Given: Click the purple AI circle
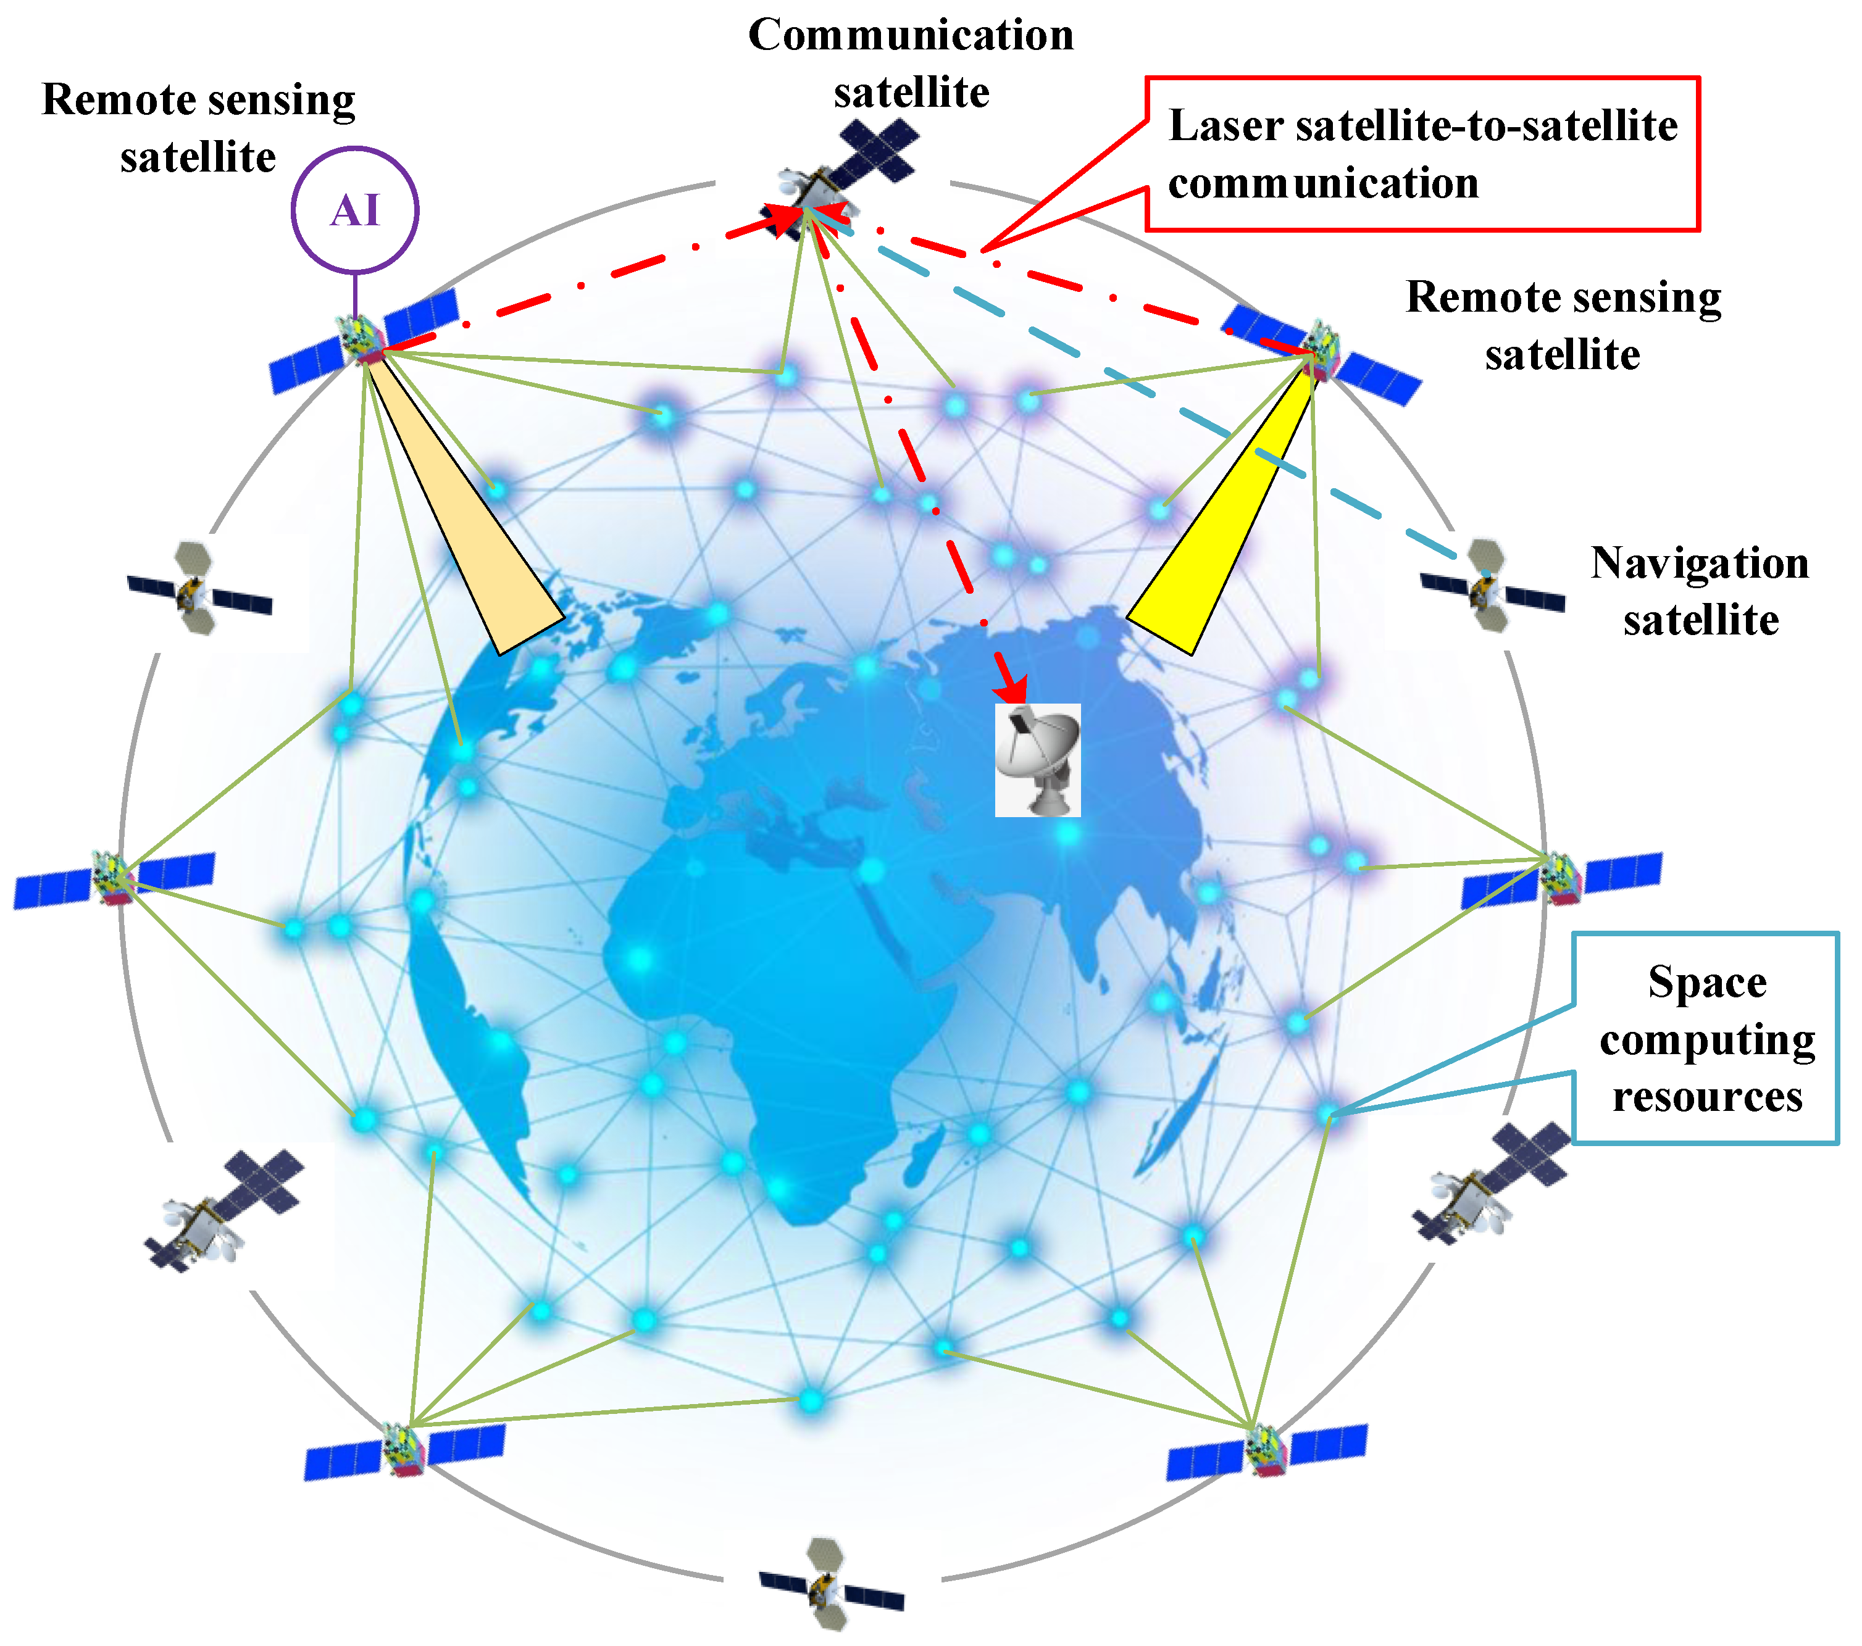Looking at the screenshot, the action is (x=354, y=209).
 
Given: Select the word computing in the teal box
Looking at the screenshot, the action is (x=1707, y=1039).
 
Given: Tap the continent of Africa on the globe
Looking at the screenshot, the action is (x=774, y=984).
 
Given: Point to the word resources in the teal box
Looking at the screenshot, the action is (x=1707, y=1097).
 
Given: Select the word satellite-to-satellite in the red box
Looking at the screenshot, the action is (x=1487, y=126).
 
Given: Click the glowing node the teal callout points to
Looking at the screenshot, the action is (x=1327, y=1112).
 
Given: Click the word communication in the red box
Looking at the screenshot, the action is (x=1322, y=183).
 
